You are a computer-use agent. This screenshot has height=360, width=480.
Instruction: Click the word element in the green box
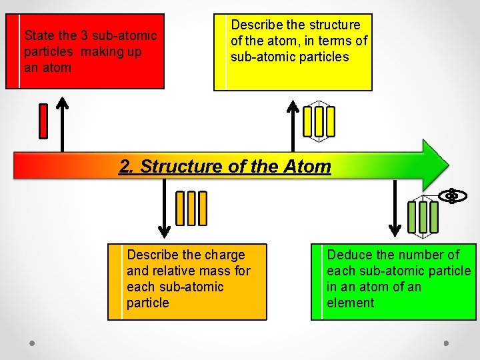click(350, 303)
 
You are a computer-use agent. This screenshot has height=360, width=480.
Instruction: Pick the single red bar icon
click(43, 121)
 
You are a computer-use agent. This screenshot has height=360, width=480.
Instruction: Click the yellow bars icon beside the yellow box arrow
click(319, 121)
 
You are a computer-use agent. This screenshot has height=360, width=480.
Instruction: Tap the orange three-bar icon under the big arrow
click(191, 208)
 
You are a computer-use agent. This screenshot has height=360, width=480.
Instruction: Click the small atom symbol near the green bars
click(452, 196)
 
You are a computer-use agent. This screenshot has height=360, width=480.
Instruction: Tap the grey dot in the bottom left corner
click(31, 343)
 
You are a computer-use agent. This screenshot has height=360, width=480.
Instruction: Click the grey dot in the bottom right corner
click(446, 343)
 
